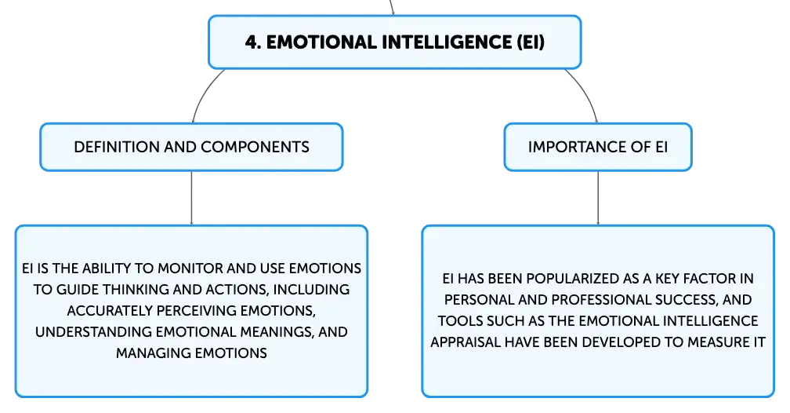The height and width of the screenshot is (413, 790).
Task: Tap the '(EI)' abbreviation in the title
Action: [531, 42]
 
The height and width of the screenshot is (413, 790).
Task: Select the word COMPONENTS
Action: [255, 147]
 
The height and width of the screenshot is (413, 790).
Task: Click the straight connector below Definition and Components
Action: [191, 198]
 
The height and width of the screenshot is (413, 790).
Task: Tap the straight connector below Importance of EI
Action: [598, 198]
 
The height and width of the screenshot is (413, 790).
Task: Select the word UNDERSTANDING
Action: [94, 331]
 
